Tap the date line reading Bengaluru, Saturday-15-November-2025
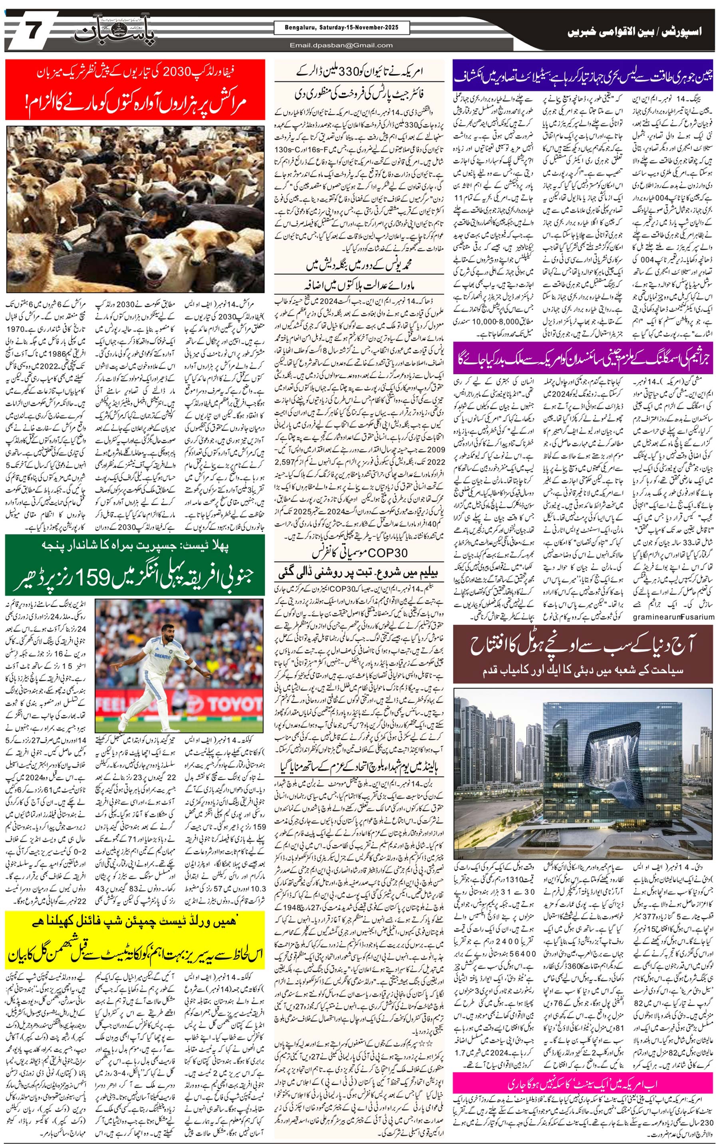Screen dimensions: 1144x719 coord(336,28)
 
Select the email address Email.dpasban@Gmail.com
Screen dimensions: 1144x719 coord(341,46)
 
